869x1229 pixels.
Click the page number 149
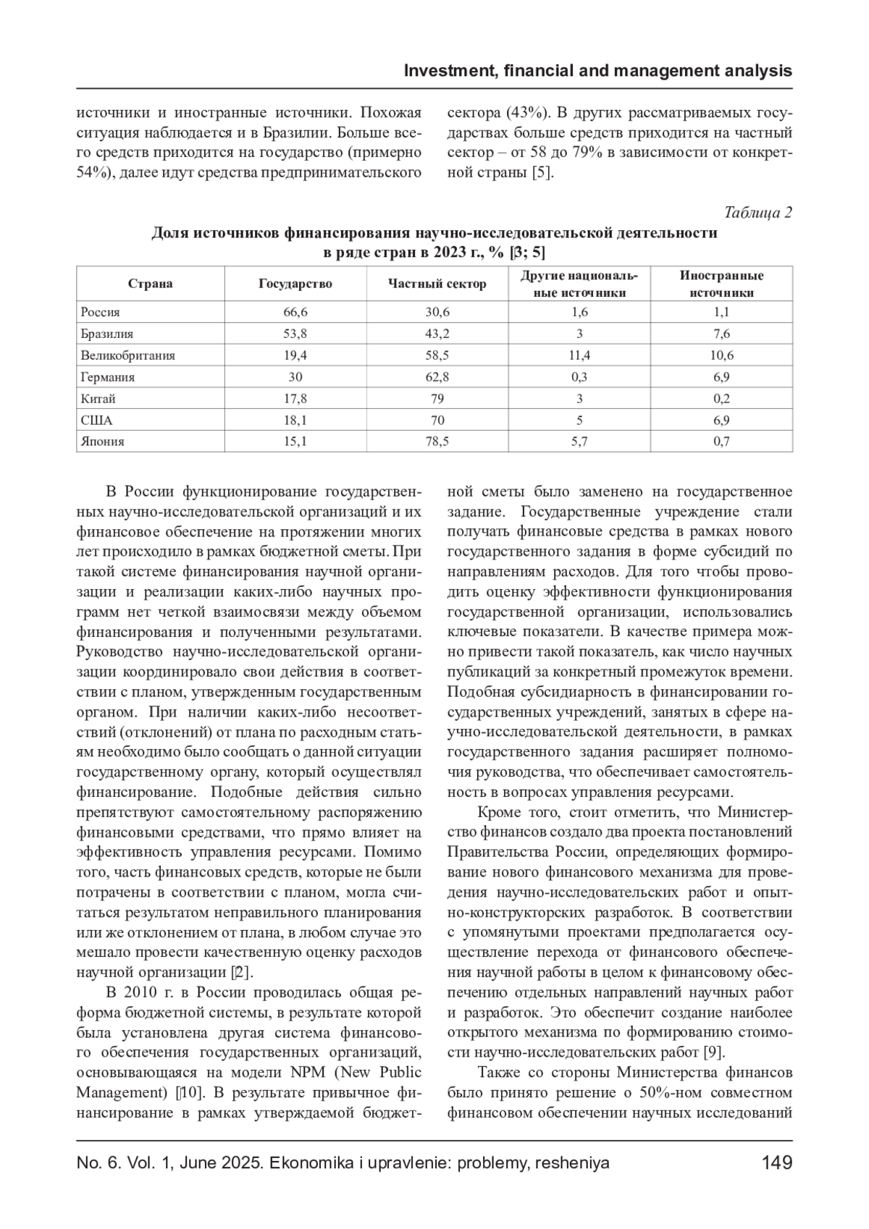tap(777, 1163)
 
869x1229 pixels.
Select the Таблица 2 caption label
tap(757, 213)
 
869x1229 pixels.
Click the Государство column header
tap(295, 284)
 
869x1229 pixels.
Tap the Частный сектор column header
tap(437, 284)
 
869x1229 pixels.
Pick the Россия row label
tap(100, 312)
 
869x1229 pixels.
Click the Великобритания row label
tap(127, 355)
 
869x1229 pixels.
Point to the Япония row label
tap(102, 442)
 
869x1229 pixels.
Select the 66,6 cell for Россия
tap(295, 312)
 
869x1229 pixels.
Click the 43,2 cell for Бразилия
tap(437, 334)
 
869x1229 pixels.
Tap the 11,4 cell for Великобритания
tap(579, 355)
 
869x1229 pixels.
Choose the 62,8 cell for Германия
tap(437, 377)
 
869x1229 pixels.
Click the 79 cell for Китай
tap(437, 399)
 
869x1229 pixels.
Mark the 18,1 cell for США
tap(295, 420)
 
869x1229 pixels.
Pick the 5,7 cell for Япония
tap(579, 442)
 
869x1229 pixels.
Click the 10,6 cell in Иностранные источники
tap(721, 355)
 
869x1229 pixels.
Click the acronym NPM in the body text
tap(295, 1072)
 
